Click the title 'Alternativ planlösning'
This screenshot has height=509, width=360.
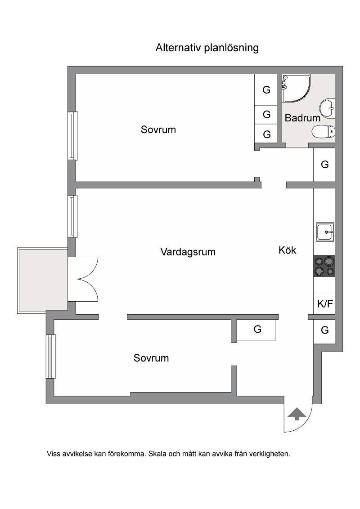click(x=207, y=48)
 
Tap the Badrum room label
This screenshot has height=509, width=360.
click(x=302, y=117)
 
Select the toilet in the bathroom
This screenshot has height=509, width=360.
click(x=323, y=132)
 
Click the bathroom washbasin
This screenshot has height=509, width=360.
click(x=327, y=107)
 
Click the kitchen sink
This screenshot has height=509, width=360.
click(x=325, y=232)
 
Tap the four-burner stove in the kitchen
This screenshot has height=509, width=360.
click(x=324, y=266)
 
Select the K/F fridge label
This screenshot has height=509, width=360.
click(x=325, y=304)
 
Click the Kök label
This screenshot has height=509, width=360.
click(x=287, y=250)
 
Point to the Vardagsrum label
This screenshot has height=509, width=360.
click(x=188, y=252)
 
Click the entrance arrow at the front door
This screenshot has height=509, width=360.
click(x=296, y=414)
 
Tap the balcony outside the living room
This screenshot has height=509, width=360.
click(x=42, y=281)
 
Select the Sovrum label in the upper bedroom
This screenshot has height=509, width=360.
click(x=158, y=129)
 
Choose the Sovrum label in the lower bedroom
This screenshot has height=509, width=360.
click(x=151, y=358)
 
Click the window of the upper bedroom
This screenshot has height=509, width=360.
click(x=73, y=135)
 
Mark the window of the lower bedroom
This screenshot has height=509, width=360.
click(x=51, y=357)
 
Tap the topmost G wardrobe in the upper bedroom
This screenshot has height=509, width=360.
click(x=266, y=89)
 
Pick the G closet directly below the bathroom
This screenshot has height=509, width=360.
click(x=324, y=165)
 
